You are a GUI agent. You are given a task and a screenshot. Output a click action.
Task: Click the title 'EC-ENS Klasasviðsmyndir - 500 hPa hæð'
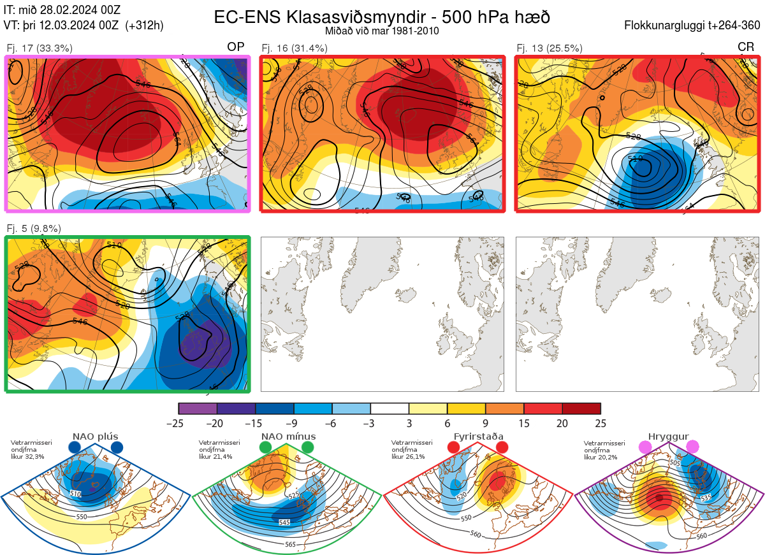(382, 17)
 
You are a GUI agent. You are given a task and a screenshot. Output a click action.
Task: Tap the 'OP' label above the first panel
(236, 47)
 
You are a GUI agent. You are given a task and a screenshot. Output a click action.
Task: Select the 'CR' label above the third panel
(745, 47)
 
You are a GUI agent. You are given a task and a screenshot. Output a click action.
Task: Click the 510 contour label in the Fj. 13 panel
(635, 159)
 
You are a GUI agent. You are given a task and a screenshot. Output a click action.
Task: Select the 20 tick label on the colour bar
(562, 423)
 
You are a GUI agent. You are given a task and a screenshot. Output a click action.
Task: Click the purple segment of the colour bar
(198, 408)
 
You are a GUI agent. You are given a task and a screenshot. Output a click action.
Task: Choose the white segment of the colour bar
(390, 408)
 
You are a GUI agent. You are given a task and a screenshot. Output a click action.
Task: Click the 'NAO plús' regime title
(95, 436)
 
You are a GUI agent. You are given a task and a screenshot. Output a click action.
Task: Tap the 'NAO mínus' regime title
(288, 436)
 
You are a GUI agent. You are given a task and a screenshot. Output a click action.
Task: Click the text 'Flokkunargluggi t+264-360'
(694, 26)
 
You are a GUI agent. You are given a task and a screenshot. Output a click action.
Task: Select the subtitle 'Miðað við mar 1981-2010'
(382, 31)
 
